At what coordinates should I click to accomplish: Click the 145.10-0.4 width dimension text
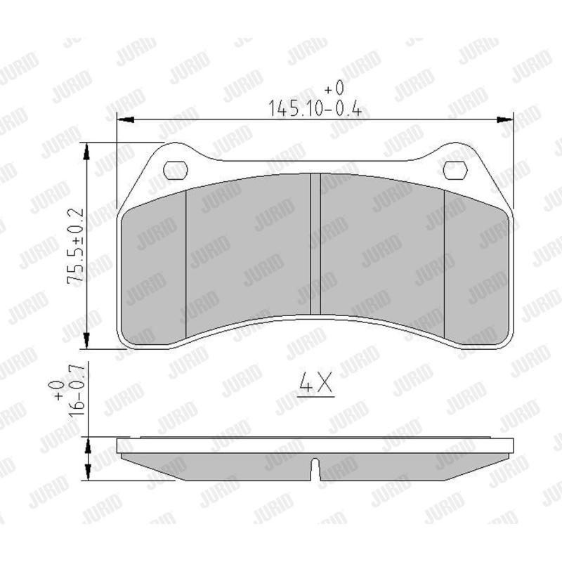(315, 109)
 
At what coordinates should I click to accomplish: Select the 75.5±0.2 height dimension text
(75, 247)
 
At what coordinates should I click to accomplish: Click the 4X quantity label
(315, 384)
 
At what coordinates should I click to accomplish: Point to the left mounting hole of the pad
(175, 170)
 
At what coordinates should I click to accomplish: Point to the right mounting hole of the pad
(455, 170)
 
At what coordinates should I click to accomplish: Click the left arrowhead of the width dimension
(126, 119)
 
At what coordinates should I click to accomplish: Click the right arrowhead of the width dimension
(504, 119)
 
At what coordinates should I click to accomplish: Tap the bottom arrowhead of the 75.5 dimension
(86, 339)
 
